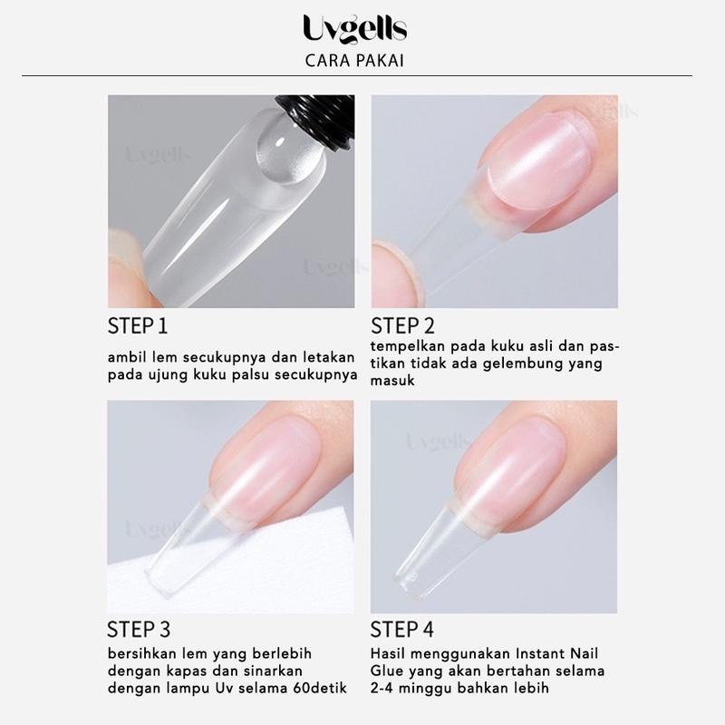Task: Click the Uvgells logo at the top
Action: [354, 30]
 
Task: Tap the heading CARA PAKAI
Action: [354, 61]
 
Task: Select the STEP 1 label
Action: [138, 326]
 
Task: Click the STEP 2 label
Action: [402, 326]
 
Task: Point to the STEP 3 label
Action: [139, 629]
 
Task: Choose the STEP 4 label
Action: [401, 629]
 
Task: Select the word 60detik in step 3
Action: [320, 688]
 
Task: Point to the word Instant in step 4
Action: [541, 653]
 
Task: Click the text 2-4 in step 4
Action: [382, 688]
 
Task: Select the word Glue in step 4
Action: [385, 671]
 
